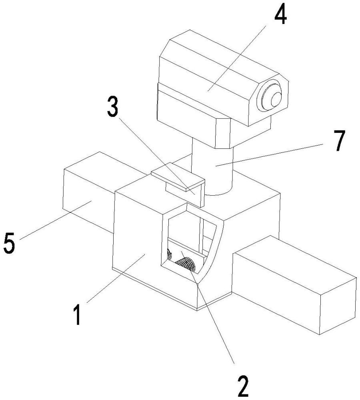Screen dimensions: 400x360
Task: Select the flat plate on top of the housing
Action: coord(176,176)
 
